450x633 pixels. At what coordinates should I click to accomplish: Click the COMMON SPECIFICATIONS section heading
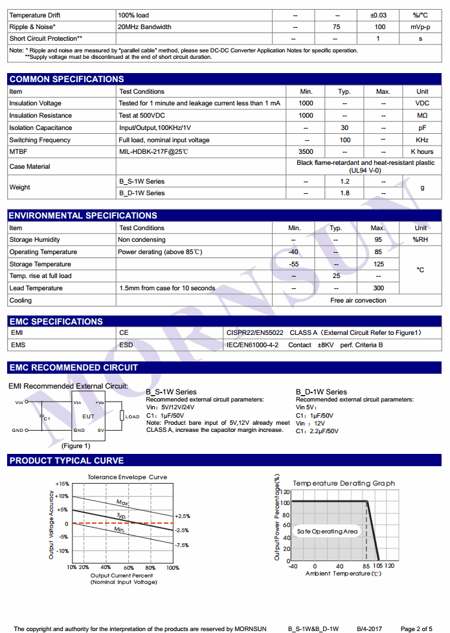click(x=66, y=79)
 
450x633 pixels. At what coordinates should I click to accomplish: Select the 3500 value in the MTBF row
click(x=306, y=152)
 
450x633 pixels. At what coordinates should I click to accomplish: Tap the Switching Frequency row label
click(x=39, y=140)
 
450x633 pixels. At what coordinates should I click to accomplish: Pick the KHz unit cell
click(x=422, y=140)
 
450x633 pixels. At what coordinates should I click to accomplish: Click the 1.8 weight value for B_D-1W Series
click(x=344, y=193)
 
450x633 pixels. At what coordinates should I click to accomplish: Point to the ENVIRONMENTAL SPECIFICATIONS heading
click(x=82, y=215)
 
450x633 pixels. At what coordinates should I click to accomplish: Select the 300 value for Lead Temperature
click(x=378, y=288)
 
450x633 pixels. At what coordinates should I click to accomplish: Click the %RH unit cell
click(x=421, y=240)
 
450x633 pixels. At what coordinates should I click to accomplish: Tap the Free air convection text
click(x=358, y=301)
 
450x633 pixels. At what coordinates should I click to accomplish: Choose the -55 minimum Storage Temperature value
click(x=294, y=264)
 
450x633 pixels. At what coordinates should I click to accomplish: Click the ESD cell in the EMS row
click(x=126, y=345)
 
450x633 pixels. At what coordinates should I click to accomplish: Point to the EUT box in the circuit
click(x=88, y=417)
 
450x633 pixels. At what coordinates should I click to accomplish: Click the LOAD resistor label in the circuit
click(x=132, y=416)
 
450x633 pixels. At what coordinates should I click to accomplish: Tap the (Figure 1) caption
click(x=76, y=445)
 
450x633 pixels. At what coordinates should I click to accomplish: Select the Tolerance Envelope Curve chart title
click(x=127, y=477)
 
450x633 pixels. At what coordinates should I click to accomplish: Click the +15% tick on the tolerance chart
click(x=62, y=484)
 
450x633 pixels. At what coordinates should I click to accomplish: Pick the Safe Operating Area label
click(x=327, y=531)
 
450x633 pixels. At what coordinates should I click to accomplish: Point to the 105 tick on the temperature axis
click(x=377, y=566)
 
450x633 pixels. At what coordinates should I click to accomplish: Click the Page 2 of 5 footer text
click(x=416, y=628)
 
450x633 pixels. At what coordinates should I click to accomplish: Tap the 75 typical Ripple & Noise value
click(x=336, y=27)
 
